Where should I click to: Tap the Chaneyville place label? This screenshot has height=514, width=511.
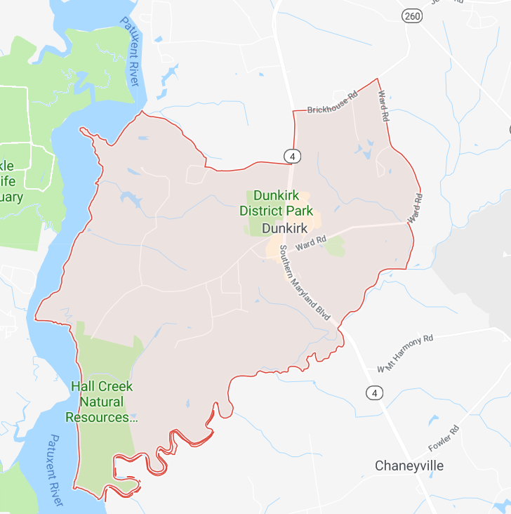pos(410,466)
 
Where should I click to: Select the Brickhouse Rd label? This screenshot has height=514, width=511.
pos(333,103)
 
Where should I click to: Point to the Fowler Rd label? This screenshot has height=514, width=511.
pos(444,438)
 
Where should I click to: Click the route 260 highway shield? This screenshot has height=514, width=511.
pos(411,15)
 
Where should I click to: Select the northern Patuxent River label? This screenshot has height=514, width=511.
pos(132,48)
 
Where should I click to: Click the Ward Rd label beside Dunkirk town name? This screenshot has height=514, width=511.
pos(312,244)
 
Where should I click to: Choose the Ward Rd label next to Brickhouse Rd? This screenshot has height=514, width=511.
pos(383,106)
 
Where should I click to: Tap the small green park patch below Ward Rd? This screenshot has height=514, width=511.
pos(336,246)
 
